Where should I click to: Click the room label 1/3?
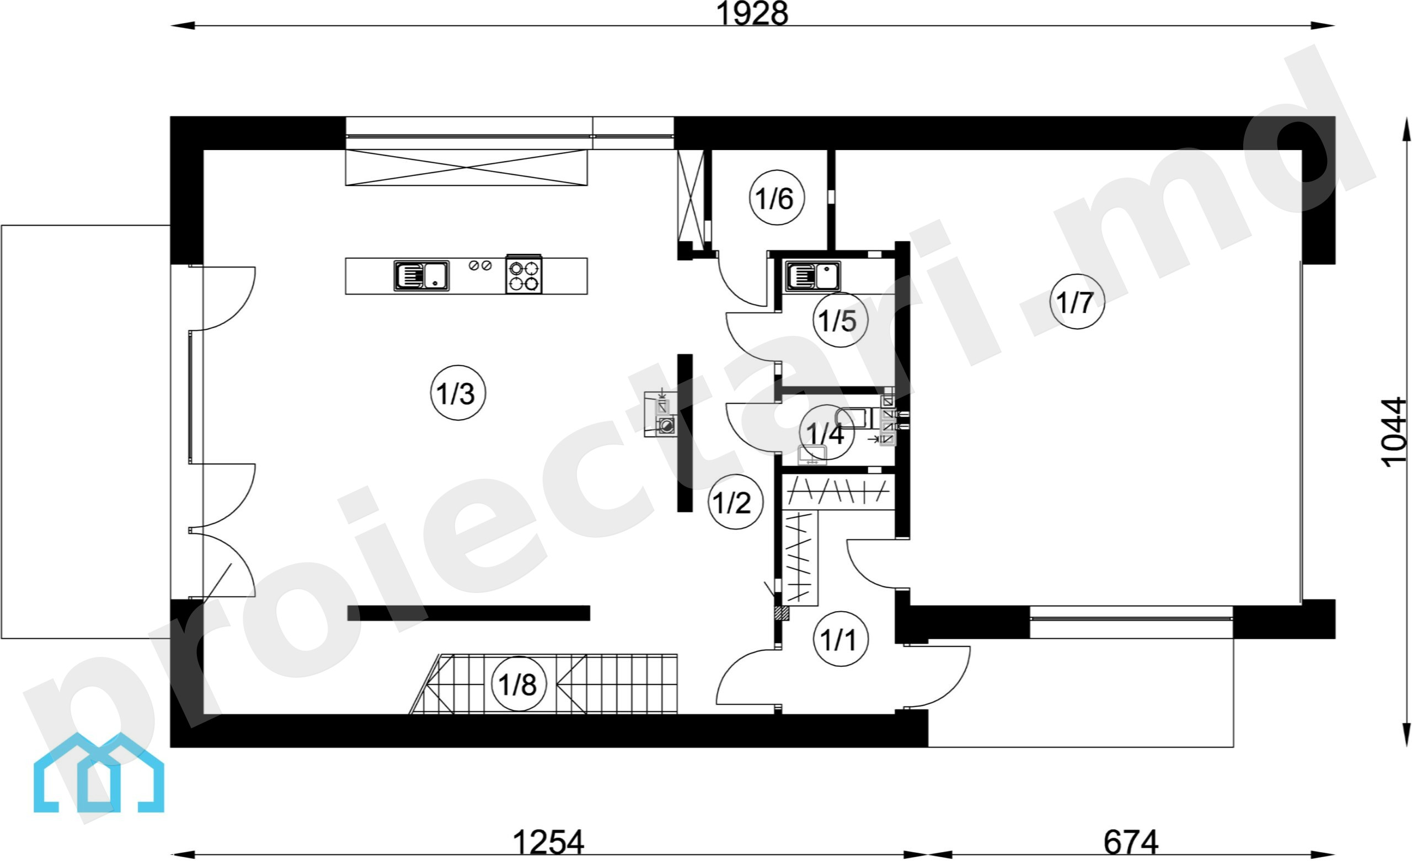(458, 393)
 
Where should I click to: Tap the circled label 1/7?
(1077, 302)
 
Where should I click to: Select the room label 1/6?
(777, 198)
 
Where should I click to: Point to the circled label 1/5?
(840, 320)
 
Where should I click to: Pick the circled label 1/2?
(735, 501)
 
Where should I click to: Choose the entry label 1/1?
(840, 639)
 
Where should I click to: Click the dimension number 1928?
(752, 14)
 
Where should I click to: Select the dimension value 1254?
(548, 842)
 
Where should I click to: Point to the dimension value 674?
(1131, 842)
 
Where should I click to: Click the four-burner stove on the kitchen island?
(524, 275)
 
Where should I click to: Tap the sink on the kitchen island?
(421, 275)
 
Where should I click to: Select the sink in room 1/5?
(812, 276)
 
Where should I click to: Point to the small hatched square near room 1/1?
(782, 613)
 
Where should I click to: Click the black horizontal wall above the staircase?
(469, 613)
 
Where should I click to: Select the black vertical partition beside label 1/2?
(685, 433)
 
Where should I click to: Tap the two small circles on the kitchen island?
(480, 265)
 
